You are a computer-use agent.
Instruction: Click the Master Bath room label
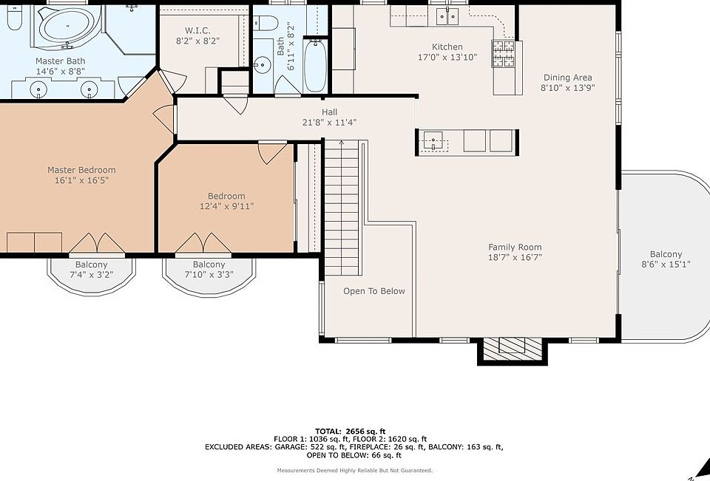(60, 61)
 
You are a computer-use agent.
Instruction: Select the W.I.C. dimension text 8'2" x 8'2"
(198, 41)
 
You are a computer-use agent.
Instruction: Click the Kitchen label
(447, 47)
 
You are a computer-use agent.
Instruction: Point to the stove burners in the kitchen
(503, 53)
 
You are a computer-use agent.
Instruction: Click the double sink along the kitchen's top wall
(448, 17)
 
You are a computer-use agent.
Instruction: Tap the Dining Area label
(568, 78)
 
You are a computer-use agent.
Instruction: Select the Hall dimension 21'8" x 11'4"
(330, 122)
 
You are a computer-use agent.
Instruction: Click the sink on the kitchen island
(433, 140)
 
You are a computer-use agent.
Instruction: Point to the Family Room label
(515, 247)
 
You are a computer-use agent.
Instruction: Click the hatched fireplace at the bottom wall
(513, 349)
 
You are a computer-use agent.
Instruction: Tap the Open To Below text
(374, 291)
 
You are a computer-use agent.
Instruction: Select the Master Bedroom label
(81, 170)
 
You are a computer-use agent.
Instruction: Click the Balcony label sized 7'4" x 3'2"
(92, 265)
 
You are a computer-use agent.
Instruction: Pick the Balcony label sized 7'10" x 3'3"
(209, 265)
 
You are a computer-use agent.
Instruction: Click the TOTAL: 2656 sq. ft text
(351, 431)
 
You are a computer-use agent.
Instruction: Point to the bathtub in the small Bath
(315, 65)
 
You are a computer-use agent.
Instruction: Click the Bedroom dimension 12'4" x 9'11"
(226, 206)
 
